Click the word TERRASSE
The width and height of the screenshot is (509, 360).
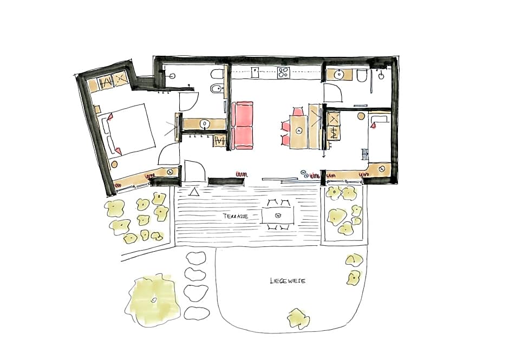235,215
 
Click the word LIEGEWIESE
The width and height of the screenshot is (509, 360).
288,281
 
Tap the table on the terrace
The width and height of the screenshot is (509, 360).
277,215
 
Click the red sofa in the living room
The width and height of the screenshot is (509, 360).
243,125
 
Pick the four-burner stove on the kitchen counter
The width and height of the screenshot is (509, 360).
284,73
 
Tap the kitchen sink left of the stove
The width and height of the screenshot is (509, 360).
256,71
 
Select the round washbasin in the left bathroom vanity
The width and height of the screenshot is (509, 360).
205,124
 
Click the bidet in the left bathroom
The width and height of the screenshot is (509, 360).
216,90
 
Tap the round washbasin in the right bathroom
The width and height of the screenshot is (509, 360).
340,74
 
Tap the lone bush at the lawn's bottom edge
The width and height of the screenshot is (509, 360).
298,318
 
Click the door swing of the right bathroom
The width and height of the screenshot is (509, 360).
334,94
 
